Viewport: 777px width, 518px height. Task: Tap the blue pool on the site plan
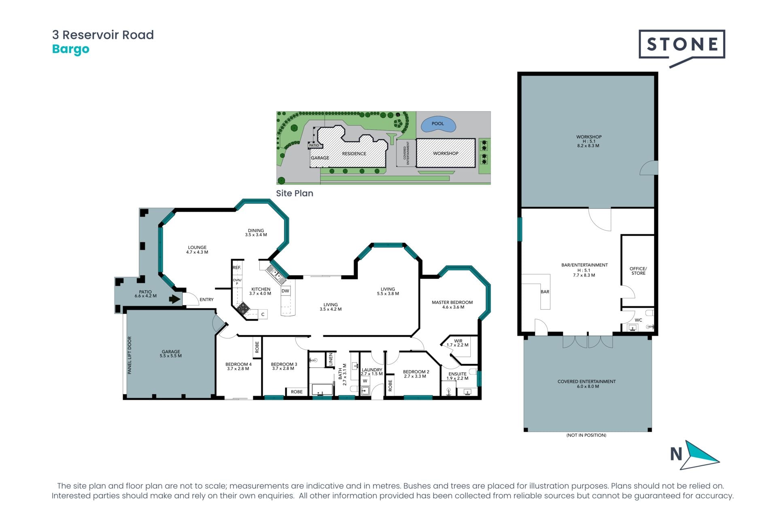click(439, 124)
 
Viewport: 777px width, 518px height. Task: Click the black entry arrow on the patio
click(175, 299)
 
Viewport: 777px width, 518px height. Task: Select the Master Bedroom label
click(452, 302)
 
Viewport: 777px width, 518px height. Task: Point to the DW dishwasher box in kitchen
click(285, 291)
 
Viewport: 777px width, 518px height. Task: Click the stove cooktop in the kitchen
click(243, 309)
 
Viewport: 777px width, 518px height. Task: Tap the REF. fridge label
click(237, 267)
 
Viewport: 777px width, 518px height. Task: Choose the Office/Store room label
click(638, 271)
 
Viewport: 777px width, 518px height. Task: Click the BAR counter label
click(545, 292)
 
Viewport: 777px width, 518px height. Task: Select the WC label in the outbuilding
click(638, 320)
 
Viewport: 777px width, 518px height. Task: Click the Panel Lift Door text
click(129, 355)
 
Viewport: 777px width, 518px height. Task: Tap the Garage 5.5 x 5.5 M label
click(171, 354)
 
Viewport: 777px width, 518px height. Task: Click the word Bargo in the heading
click(71, 49)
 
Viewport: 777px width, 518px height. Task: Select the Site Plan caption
click(295, 193)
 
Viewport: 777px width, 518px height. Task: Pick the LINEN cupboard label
click(331, 359)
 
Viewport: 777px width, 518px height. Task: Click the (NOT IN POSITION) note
click(586, 435)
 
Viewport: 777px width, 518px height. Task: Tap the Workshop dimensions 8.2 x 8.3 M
click(588, 146)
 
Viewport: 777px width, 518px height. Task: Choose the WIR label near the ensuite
click(458, 341)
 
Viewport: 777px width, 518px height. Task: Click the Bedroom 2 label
click(416, 372)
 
